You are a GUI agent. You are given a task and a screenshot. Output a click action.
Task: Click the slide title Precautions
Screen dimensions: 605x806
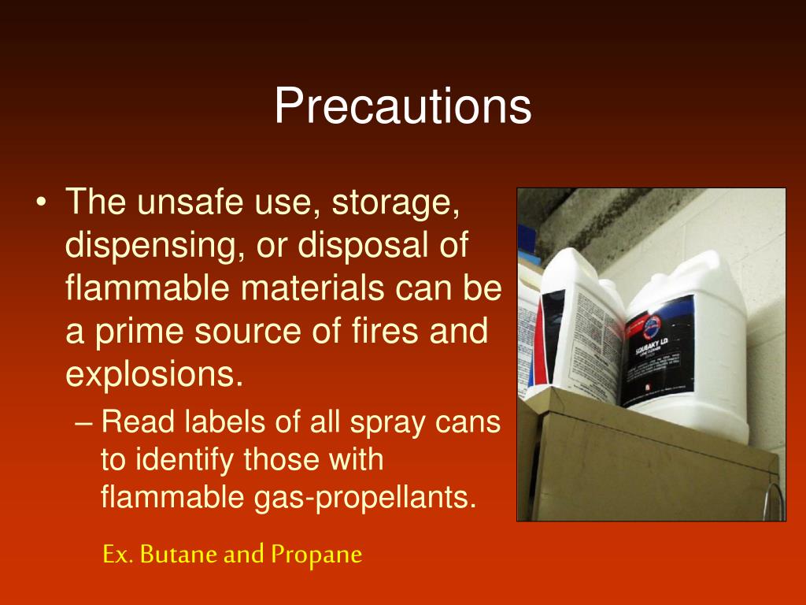pyautogui.click(x=402, y=106)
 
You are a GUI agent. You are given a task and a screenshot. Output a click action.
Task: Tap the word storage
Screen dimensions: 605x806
pyautogui.click(x=395, y=203)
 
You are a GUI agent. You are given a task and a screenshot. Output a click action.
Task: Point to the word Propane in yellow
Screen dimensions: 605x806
pyautogui.click(x=316, y=555)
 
